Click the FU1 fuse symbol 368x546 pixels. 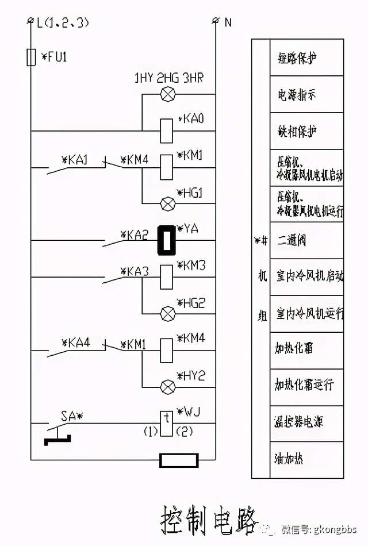tap(31, 57)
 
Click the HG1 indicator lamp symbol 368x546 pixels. tap(167, 203)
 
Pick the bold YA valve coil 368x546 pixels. tap(167, 240)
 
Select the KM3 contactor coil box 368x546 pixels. tap(167, 276)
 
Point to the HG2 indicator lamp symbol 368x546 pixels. tap(167, 313)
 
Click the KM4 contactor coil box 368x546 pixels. tap(167, 349)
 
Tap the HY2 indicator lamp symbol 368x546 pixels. tap(167, 386)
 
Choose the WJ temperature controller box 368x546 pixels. tap(166, 423)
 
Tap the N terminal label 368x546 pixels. tap(228, 22)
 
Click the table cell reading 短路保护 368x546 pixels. tap(306, 57)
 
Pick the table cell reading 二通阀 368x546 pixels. tap(306, 240)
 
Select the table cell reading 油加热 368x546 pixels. tap(306, 459)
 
